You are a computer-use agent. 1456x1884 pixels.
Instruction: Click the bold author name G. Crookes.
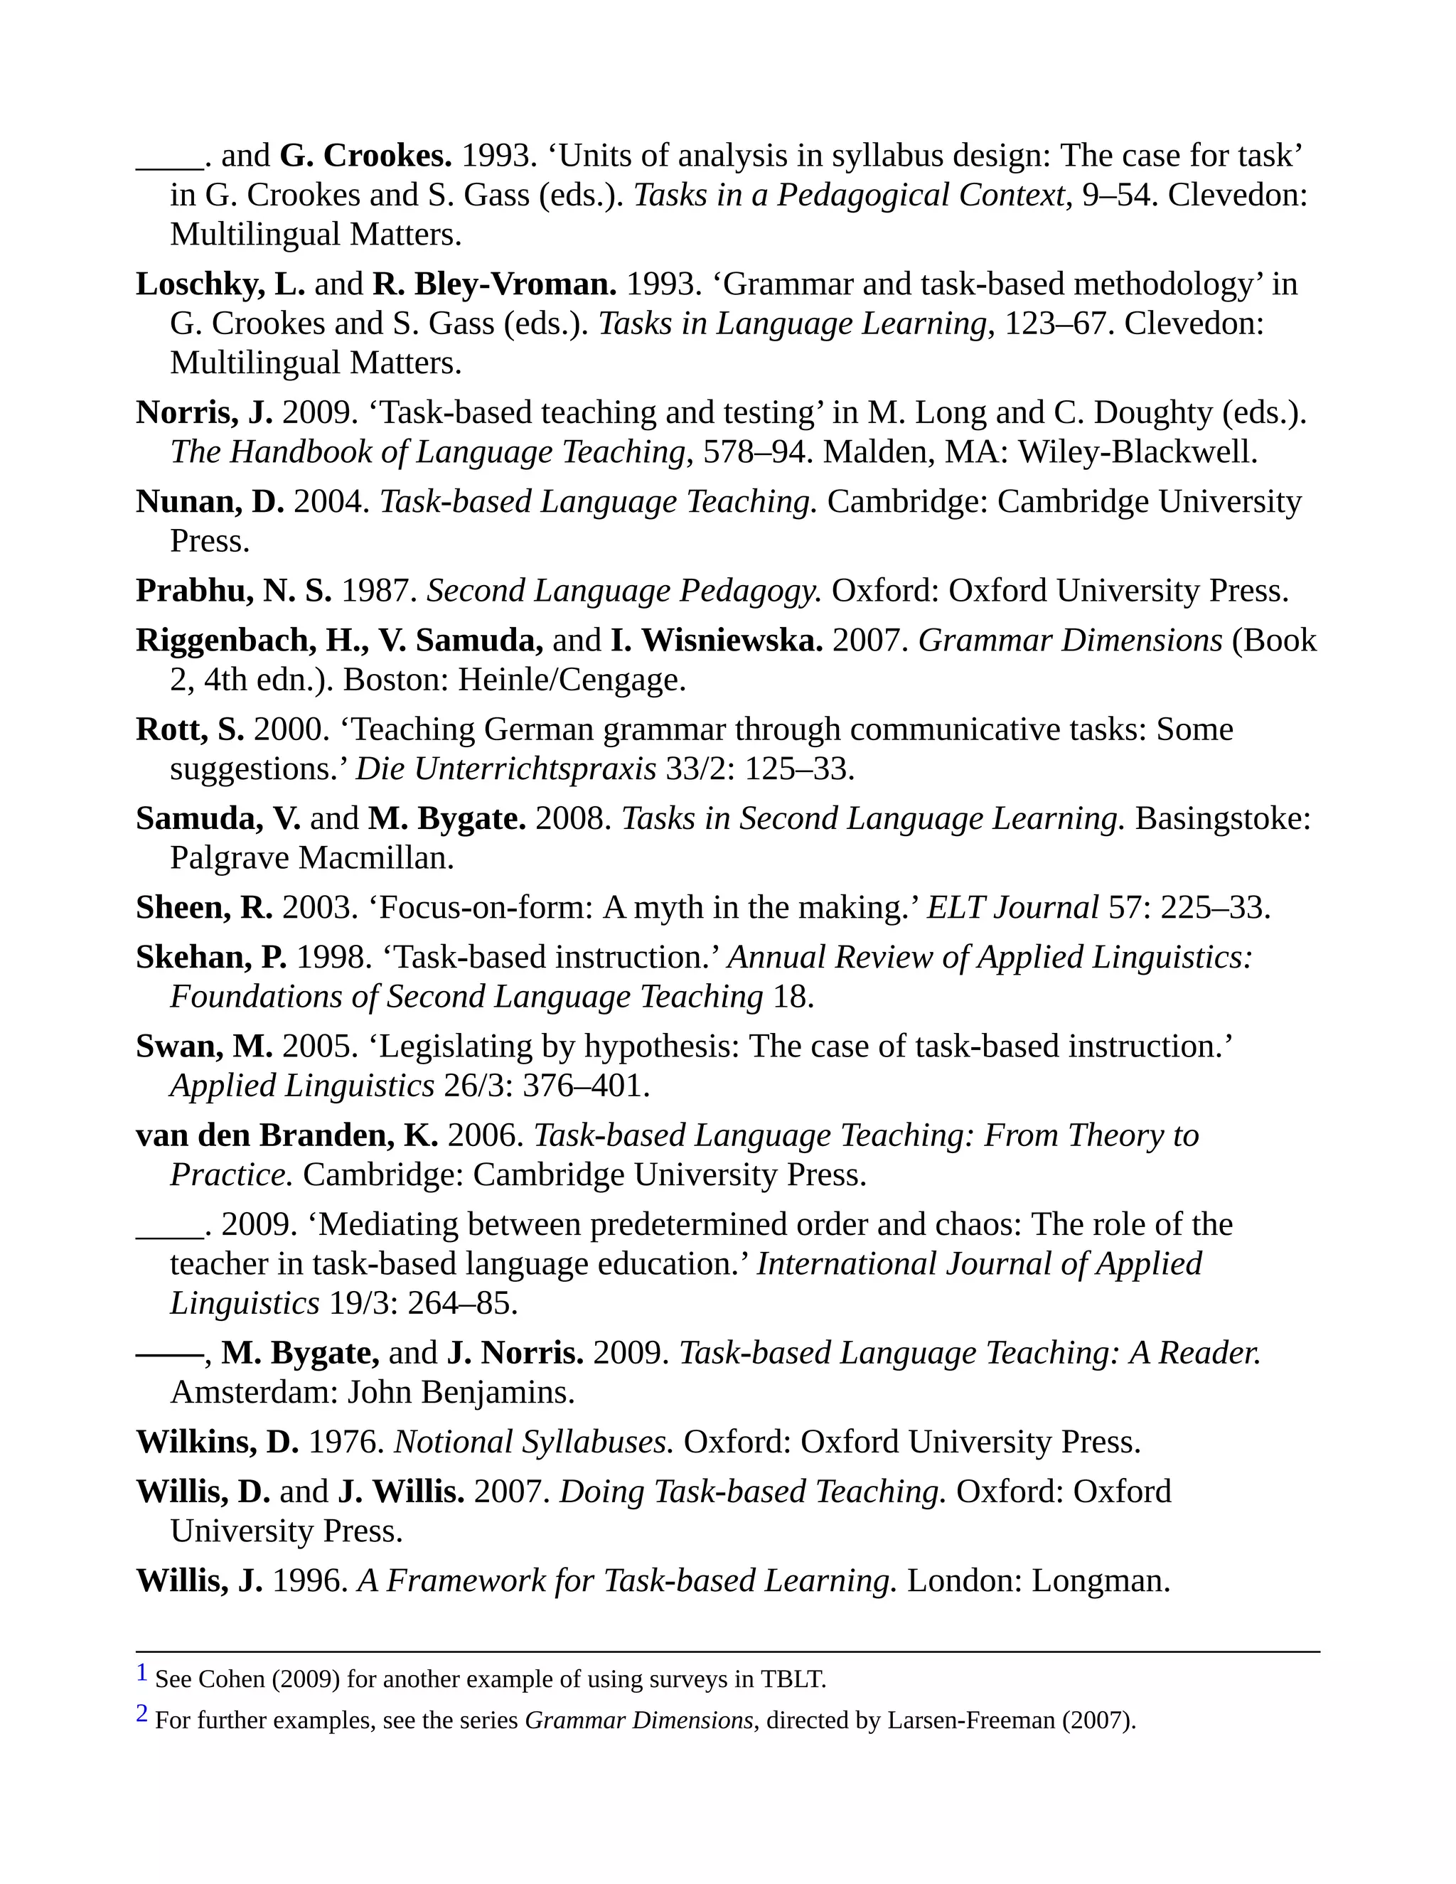[365, 156]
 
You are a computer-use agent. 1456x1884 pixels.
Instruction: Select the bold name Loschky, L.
[220, 284]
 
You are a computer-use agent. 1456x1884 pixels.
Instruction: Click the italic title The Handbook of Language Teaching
[428, 452]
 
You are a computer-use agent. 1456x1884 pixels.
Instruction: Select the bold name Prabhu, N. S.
[233, 591]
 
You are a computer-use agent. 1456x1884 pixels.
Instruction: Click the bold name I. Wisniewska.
[716, 641]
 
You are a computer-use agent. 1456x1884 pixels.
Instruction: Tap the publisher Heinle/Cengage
[571, 680]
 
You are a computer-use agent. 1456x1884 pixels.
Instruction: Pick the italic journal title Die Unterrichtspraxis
[505, 769]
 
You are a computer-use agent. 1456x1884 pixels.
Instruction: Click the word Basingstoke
[1221, 818]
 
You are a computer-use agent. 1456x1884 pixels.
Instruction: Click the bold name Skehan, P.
[211, 958]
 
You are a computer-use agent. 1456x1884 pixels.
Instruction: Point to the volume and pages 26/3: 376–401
[546, 1086]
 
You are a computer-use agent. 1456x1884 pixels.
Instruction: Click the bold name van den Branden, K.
[287, 1136]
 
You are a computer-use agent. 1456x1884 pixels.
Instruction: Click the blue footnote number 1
[142, 1674]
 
